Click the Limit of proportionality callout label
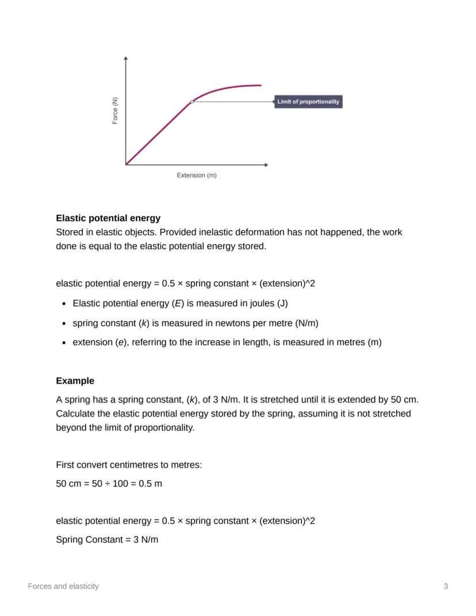(308, 102)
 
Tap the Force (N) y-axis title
(115, 111)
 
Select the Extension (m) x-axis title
(197, 175)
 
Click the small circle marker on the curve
(192, 102)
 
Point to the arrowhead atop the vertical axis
(126, 58)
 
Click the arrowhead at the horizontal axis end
(266, 164)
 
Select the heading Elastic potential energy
(108, 218)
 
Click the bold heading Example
(75, 381)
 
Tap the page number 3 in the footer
(446, 586)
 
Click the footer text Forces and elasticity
(63, 586)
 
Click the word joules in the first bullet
(261, 303)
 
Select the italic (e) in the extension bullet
(121, 342)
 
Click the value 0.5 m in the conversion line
(151, 483)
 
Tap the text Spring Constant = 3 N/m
(107, 540)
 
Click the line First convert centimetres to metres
(129, 464)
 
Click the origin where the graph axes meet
(126, 164)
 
